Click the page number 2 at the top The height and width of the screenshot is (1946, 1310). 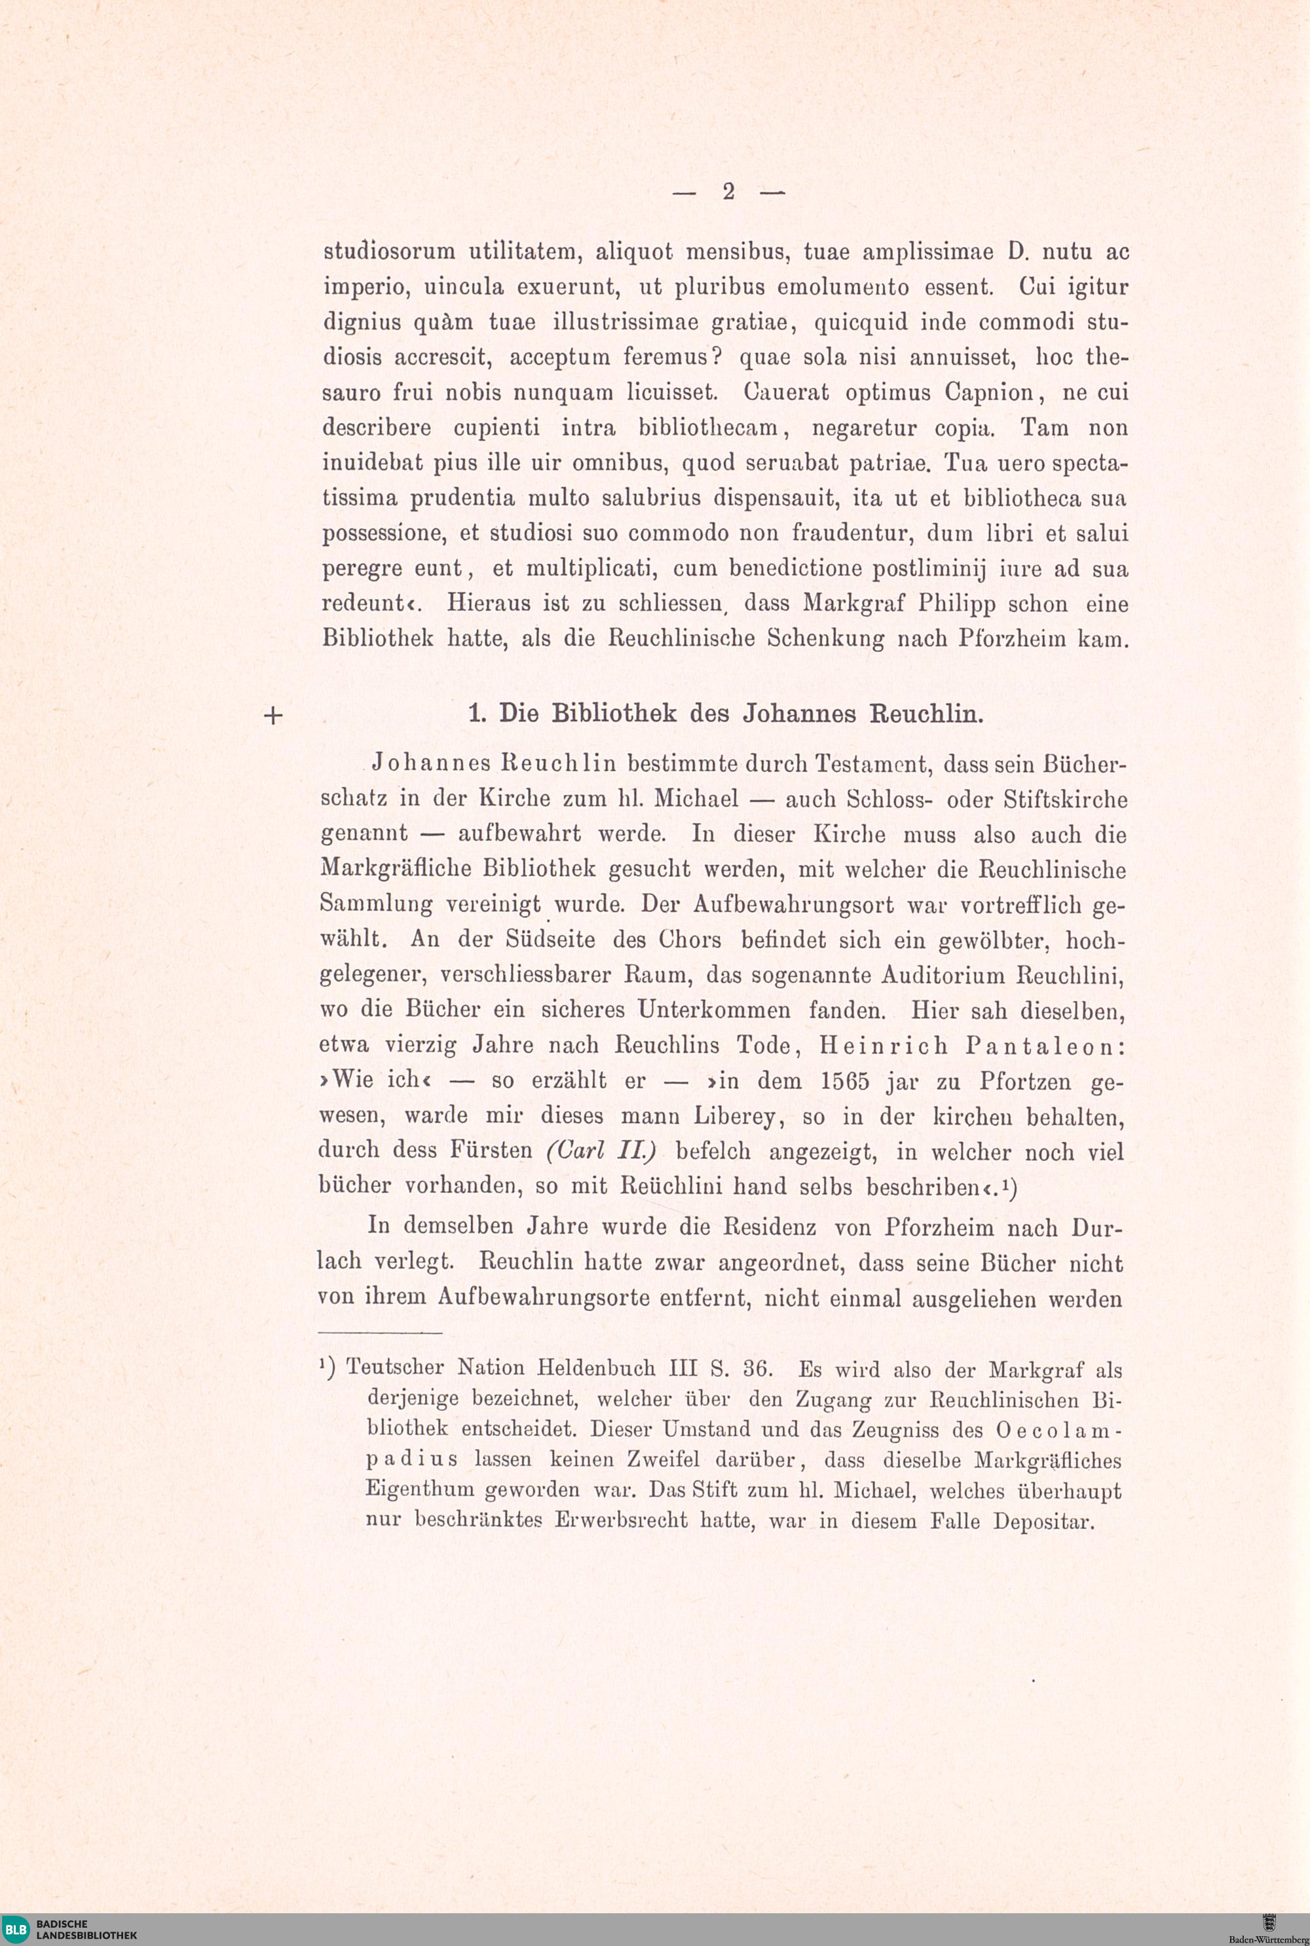[x=728, y=192]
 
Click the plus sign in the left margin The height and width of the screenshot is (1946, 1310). [x=273, y=716]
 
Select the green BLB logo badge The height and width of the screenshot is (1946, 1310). [x=16, y=1928]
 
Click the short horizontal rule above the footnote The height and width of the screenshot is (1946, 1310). [x=380, y=1333]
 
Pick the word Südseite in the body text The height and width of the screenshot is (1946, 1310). [x=549, y=940]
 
